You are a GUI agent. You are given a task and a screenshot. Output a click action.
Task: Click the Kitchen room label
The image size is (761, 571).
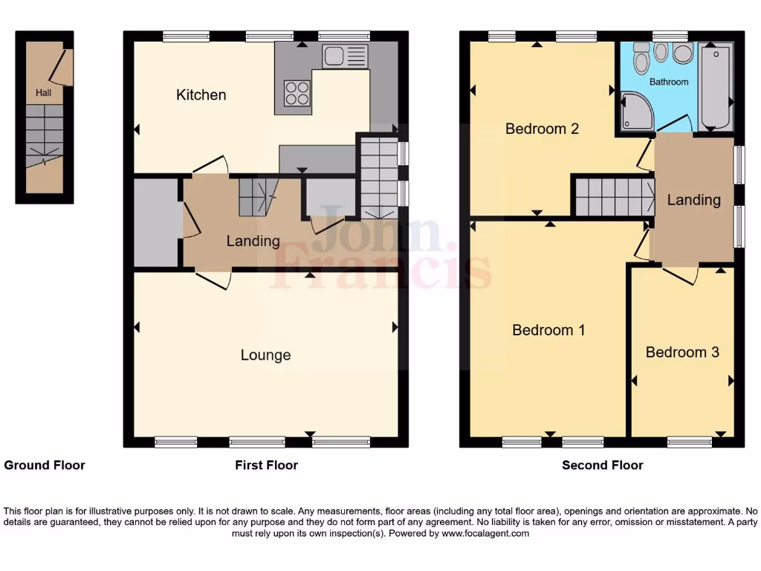click(201, 95)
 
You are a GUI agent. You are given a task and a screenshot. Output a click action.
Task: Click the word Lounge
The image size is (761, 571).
click(265, 355)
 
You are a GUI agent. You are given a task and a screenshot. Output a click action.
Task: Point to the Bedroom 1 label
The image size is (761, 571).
click(548, 330)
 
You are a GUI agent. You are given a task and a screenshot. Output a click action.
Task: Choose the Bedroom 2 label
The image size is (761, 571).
click(542, 129)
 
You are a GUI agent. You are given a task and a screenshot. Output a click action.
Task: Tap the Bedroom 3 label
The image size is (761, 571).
click(682, 352)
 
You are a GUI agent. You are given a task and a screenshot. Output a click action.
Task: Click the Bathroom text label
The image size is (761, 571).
click(669, 82)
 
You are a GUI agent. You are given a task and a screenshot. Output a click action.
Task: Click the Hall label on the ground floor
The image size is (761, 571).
click(43, 93)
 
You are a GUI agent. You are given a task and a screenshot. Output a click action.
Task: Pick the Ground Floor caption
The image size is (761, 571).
click(45, 465)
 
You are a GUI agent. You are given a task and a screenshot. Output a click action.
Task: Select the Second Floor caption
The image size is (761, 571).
click(602, 465)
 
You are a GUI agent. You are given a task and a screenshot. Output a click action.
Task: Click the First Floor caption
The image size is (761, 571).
click(266, 465)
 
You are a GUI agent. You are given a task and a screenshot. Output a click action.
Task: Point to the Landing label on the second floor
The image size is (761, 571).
click(693, 200)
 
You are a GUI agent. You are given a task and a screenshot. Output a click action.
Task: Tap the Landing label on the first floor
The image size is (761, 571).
click(253, 241)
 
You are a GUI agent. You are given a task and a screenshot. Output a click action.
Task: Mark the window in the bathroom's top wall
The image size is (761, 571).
click(670, 35)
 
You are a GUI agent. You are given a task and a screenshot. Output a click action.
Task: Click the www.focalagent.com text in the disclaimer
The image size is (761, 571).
click(485, 533)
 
